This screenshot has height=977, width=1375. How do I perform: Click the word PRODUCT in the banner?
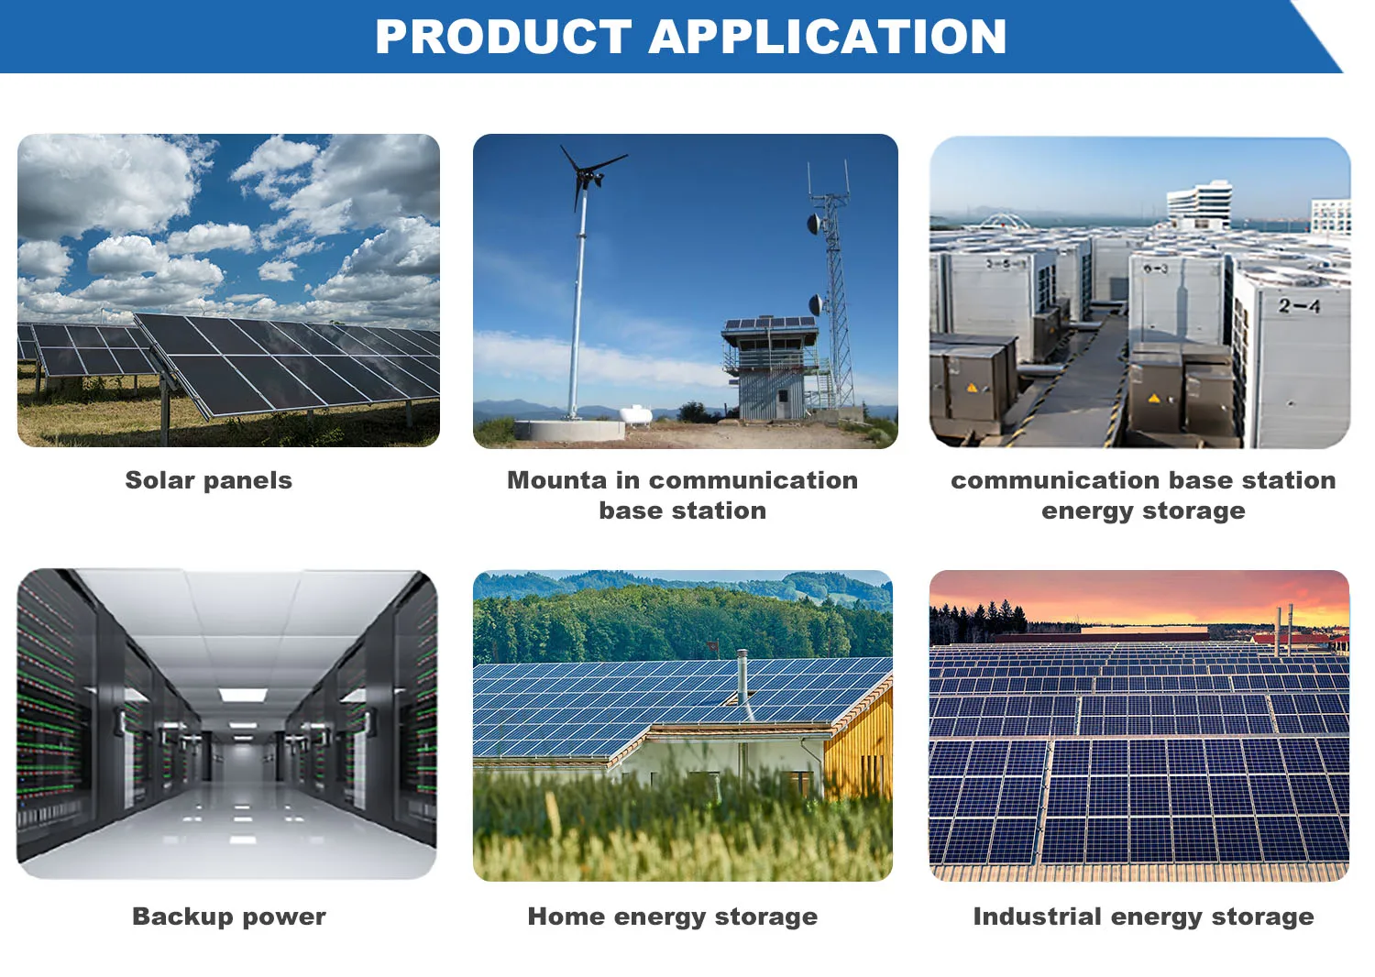click(503, 37)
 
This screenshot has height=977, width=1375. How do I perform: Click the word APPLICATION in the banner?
click(828, 37)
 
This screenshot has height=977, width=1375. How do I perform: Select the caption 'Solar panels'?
click(209, 480)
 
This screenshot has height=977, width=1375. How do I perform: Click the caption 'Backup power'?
click(229, 917)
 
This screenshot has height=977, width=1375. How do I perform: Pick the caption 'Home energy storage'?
click(673, 917)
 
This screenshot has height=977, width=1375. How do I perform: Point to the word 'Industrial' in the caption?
click(1037, 917)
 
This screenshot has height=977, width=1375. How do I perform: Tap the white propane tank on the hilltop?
click(636, 414)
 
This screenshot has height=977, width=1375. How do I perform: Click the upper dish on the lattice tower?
click(815, 224)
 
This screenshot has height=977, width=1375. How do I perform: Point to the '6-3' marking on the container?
click(1156, 269)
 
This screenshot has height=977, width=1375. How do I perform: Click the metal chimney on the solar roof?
click(742, 678)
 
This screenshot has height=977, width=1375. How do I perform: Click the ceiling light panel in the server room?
click(243, 696)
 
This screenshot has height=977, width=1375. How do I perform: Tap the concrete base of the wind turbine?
click(569, 430)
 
